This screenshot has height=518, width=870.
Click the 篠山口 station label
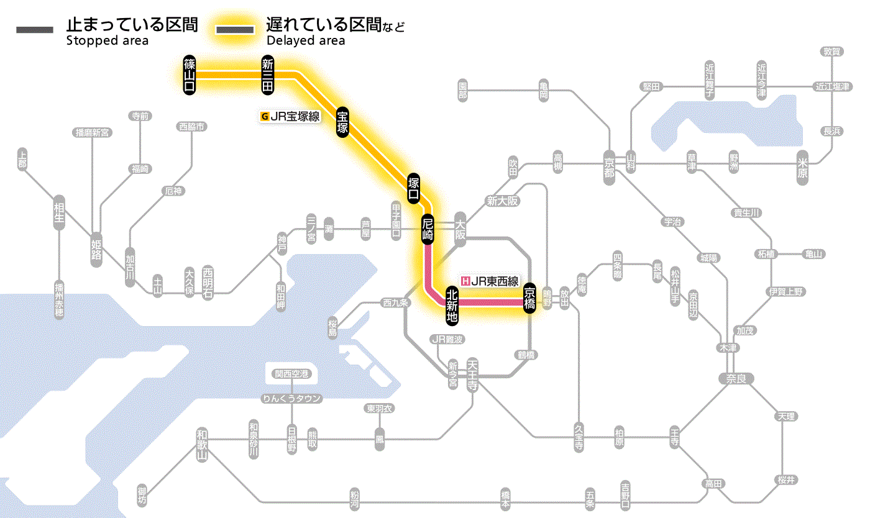click(x=190, y=75)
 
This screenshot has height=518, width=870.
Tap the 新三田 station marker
click(x=268, y=75)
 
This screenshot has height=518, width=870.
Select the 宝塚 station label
click(x=342, y=122)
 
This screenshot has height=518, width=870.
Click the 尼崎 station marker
click(x=428, y=229)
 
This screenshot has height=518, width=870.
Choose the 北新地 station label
click(x=452, y=304)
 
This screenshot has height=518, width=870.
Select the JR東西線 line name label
click(x=495, y=281)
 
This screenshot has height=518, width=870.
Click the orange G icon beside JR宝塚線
click(x=265, y=116)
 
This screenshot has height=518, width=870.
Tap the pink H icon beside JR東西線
click(x=465, y=281)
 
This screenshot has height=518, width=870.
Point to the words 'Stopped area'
click(x=107, y=41)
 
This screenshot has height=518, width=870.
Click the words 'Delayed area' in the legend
click(x=306, y=41)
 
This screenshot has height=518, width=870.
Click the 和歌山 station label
click(x=201, y=443)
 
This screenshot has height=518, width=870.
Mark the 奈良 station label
click(x=735, y=378)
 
